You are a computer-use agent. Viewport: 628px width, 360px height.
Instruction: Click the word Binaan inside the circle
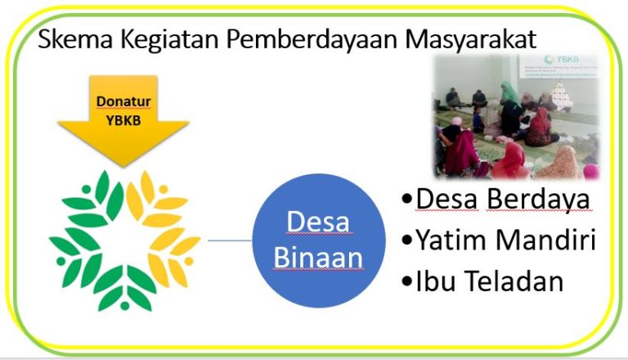click(318, 258)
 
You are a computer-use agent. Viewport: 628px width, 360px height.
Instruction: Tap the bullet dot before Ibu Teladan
click(406, 281)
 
